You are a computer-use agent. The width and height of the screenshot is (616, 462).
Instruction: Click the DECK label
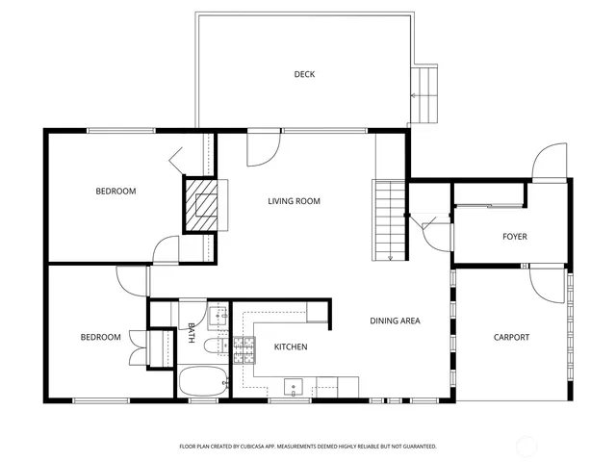pyautogui.click(x=304, y=74)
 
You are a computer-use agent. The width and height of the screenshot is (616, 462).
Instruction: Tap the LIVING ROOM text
pyautogui.click(x=294, y=201)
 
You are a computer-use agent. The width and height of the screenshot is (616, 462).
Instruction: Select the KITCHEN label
pyautogui.click(x=291, y=346)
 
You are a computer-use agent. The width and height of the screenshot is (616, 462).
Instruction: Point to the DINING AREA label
pyautogui.click(x=396, y=321)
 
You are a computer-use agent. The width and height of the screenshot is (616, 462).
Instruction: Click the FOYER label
pyautogui.click(x=515, y=237)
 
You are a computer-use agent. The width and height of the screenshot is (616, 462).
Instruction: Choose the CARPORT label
pyautogui.click(x=511, y=337)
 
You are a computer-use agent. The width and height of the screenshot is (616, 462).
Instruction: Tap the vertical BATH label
pyautogui.click(x=192, y=333)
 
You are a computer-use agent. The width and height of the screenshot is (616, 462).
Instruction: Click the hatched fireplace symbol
pyautogui.click(x=203, y=205)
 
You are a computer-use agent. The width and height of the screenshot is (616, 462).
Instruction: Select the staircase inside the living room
pyautogui.click(x=390, y=219)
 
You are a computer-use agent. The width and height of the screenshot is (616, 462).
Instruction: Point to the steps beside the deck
pyautogui.click(x=424, y=97)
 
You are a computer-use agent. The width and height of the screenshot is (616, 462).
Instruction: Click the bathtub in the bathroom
pyautogui.click(x=202, y=380)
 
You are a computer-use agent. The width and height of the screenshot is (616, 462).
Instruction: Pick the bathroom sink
pyautogui.click(x=218, y=313)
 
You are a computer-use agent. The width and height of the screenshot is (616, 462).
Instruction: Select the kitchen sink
pyautogui.click(x=294, y=387)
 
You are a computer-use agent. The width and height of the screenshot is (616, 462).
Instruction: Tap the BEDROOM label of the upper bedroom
pyautogui.click(x=115, y=192)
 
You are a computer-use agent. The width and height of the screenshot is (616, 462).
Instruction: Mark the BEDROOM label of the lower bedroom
pyautogui.click(x=100, y=337)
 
